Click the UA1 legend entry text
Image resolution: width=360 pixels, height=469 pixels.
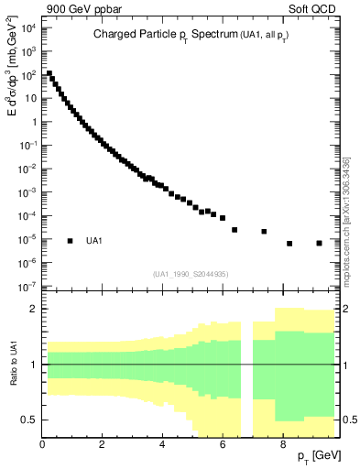click(x=94, y=241)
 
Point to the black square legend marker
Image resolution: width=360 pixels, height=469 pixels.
click(x=70, y=241)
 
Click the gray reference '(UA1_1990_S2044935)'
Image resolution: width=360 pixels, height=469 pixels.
click(x=191, y=274)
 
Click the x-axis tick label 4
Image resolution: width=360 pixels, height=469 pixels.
click(x=162, y=446)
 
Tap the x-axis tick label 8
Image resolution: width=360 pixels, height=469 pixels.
click(x=282, y=446)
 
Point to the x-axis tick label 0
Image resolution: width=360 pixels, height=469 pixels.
click(x=43, y=446)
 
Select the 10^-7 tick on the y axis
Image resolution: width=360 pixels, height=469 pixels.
click(x=27, y=287)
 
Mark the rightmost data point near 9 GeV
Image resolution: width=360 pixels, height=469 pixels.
click(x=319, y=243)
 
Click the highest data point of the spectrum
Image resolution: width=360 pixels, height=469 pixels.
click(x=49, y=73)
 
